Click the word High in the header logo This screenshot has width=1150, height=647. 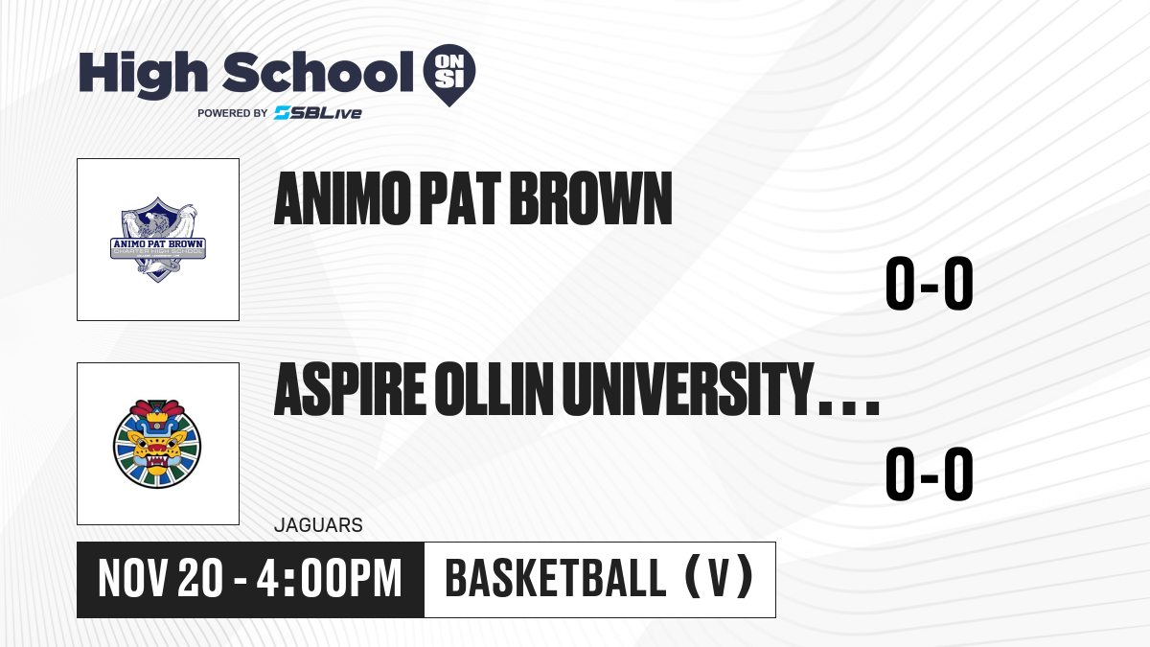tap(143, 75)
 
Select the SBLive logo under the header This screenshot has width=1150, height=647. tap(317, 112)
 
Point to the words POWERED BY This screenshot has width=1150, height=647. tap(233, 113)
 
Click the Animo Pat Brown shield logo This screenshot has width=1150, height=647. tap(158, 240)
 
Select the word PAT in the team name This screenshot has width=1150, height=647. tap(460, 198)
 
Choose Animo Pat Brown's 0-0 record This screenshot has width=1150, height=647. tap(930, 284)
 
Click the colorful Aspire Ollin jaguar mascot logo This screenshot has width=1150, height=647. tap(157, 444)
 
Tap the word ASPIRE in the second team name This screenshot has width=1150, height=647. tap(350, 389)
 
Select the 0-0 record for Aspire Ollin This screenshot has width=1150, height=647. tap(930, 474)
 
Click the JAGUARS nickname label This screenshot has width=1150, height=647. tap(318, 525)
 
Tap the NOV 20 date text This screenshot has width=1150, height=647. tap(161, 579)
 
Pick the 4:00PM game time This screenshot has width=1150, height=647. tap(329, 579)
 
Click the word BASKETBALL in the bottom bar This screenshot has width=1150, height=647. tap(556, 579)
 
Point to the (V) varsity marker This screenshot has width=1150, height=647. tap(719, 579)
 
